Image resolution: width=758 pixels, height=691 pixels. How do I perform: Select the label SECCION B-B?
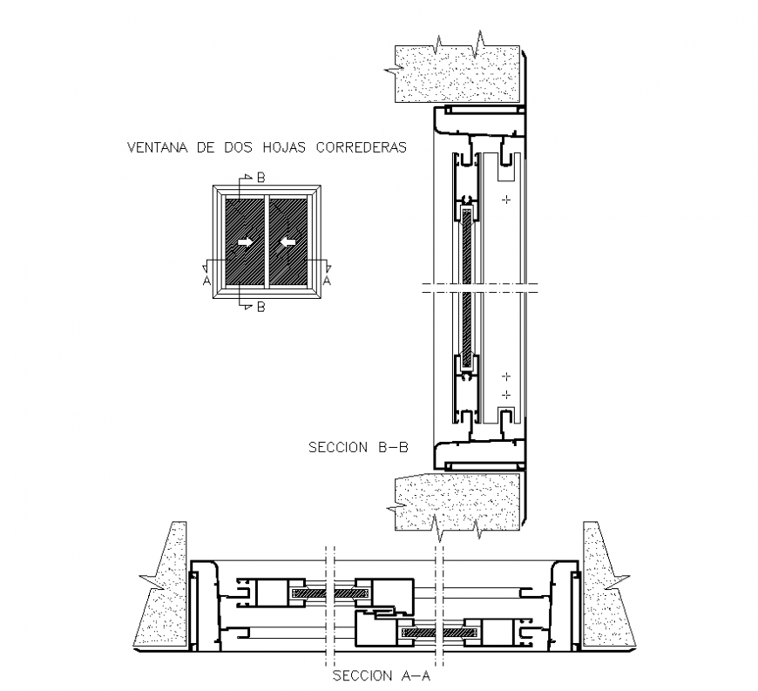(358, 448)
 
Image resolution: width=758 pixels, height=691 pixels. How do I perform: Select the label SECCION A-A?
(382, 675)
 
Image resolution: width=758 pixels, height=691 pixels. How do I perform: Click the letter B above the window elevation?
(261, 179)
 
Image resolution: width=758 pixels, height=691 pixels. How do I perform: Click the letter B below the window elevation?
(261, 307)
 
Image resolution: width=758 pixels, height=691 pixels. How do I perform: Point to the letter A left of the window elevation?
(206, 281)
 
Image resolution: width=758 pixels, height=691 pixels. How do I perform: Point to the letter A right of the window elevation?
(327, 281)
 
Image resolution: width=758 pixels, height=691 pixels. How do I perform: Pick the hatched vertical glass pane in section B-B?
(467, 288)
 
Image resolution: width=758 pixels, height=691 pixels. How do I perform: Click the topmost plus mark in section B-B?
(504, 201)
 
